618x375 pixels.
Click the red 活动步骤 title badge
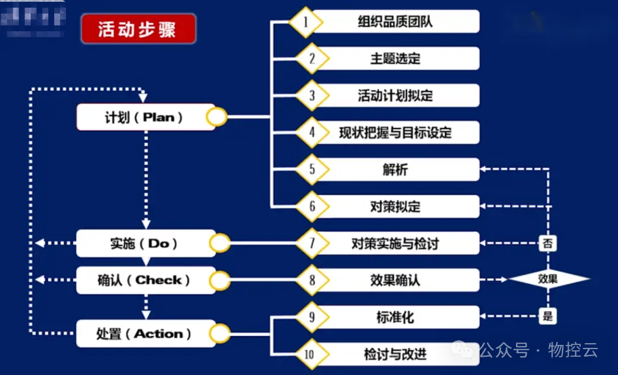(x=138, y=29)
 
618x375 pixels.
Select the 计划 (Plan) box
(x=145, y=117)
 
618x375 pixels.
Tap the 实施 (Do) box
(x=145, y=243)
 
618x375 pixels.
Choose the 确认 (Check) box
(x=145, y=280)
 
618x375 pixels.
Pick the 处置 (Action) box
(x=145, y=334)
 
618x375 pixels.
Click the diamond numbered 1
(x=306, y=22)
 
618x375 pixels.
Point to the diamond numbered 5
(x=312, y=170)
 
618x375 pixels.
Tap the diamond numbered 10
(x=310, y=354)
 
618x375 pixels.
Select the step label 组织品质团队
(x=395, y=22)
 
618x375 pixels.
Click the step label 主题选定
(x=395, y=59)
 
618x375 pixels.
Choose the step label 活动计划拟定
(x=395, y=96)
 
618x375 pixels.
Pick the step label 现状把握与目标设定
(x=395, y=132)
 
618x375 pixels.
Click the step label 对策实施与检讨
(x=395, y=243)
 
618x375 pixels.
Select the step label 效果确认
(x=395, y=280)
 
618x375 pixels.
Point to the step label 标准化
(x=395, y=317)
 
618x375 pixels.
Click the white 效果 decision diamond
(x=548, y=279)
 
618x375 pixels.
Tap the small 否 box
(x=548, y=242)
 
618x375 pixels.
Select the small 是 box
(x=548, y=316)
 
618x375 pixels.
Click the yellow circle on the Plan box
(x=217, y=117)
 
